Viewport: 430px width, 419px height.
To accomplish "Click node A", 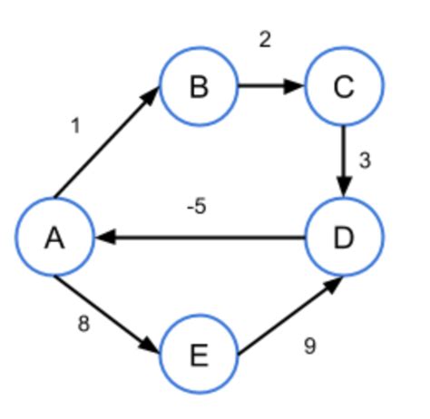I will (x=54, y=239).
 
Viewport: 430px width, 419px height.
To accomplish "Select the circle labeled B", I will (x=199, y=87).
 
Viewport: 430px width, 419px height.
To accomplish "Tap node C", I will (x=342, y=87).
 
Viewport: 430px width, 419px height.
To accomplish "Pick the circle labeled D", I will (x=342, y=239).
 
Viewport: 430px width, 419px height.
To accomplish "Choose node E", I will (x=199, y=355).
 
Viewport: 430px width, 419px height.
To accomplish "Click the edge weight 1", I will (x=75, y=127).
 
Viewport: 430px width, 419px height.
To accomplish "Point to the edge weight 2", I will (x=264, y=41).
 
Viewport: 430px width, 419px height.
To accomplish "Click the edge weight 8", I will (x=83, y=325).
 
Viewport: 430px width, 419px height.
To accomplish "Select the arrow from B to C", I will (x=269, y=88).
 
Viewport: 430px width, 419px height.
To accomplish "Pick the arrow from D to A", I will (x=200, y=239).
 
